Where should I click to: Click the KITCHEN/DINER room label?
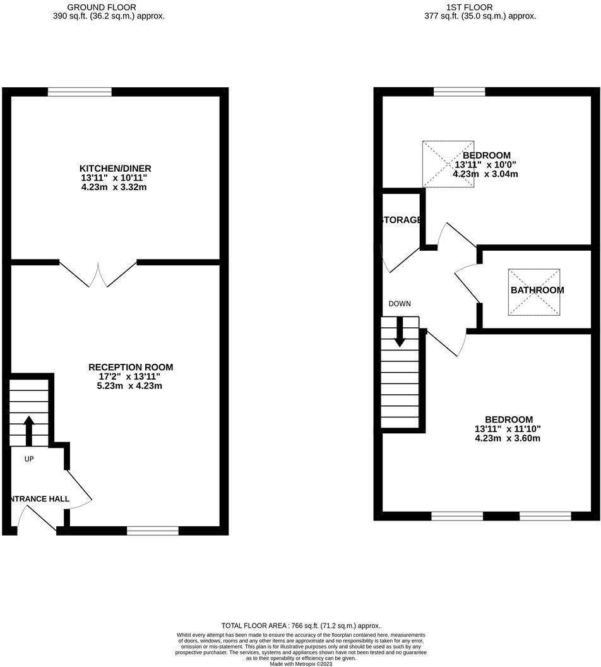(x=115, y=169)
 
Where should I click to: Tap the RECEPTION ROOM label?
(x=131, y=367)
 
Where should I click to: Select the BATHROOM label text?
(x=537, y=291)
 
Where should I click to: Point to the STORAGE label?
(x=401, y=220)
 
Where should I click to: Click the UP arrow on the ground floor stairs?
(x=29, y=430)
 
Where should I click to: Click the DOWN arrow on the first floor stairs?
(x=399, y=331)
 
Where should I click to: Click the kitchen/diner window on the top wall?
(x=80, y=92)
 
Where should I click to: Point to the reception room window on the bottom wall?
(x=152, y=531)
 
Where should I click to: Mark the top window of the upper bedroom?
(x=460, y=92)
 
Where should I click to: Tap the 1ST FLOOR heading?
(x=480, y=8)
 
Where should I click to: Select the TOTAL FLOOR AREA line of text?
(x=300, y=625)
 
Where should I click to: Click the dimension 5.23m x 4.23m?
(x=131, y=386)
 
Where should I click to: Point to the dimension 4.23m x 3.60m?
(x=508, y=438)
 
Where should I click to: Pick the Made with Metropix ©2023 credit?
(x=300, y=664)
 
